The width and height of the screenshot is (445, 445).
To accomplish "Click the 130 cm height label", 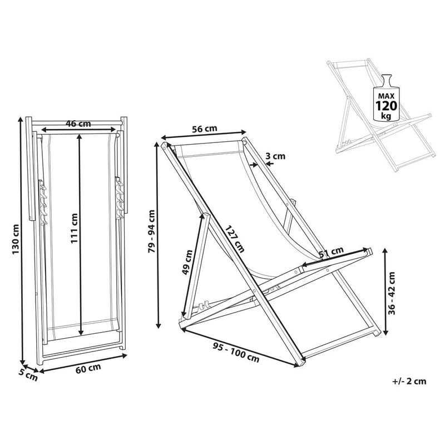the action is tap(16, 239).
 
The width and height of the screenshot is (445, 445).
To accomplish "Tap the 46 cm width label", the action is tap(78, 123).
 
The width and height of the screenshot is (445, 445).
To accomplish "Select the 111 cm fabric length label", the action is tap(74, 228).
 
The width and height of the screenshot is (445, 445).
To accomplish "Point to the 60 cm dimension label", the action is tap(88, 369).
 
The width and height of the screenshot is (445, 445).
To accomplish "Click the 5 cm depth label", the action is tap(28, 375).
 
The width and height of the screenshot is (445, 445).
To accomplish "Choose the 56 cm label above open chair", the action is tap(205, 129).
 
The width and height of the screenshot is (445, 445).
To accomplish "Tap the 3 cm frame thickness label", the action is tap(275, 156).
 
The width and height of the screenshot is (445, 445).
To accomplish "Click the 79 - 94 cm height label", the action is tap(152, 231).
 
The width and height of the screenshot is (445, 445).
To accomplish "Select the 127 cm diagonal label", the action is tap(235, 239).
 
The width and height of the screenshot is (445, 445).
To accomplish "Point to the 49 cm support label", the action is tap(187, 262).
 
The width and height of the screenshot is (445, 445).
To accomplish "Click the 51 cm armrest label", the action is tap(331, 252).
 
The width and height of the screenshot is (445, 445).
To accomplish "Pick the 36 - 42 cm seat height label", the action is tap(392, 293).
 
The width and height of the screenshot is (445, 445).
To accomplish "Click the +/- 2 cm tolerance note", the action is tap(409, 381).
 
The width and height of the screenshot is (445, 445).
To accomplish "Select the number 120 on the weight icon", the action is tap(386, 106).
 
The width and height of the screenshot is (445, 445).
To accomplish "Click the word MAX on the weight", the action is tap(386, 96).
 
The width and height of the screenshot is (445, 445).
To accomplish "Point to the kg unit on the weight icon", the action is tap(387, 116).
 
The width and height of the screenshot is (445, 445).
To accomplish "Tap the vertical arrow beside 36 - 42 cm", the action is tap(385, 291).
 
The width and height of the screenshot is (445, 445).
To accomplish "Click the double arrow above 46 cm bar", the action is tap(78, 130).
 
